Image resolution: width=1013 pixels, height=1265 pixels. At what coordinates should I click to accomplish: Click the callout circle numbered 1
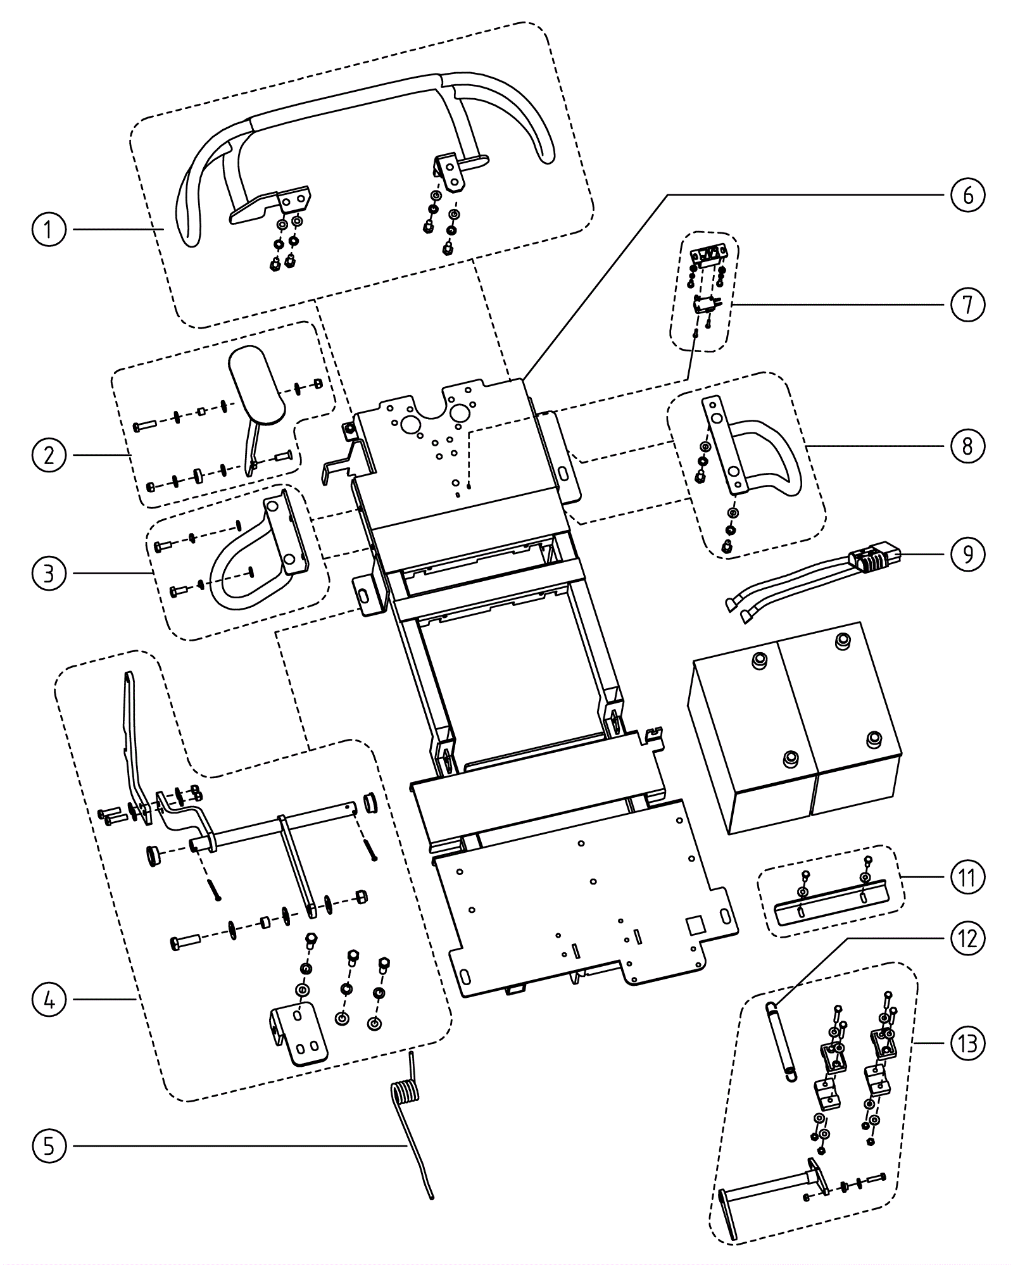[49, 229]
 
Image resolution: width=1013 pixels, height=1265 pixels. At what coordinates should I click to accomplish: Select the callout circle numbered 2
[49, 455]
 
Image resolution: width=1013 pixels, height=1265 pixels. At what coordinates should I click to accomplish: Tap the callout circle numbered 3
[49, 574]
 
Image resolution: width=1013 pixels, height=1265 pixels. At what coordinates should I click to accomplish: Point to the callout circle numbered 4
[49, 999]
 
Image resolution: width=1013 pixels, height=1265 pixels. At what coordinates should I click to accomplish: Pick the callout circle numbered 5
[49, 1146]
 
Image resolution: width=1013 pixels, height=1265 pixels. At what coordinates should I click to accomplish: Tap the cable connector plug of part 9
[873, 559]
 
